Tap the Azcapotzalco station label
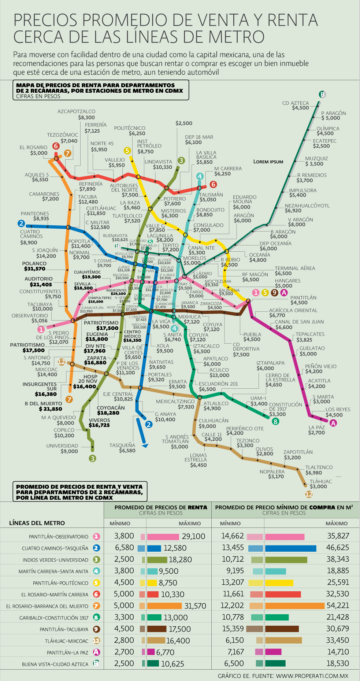[77, 114]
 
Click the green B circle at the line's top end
[322, 95]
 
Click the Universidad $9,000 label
[62, 448]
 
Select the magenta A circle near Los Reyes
[333, 423]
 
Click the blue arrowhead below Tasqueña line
[145, 445]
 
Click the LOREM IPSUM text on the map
[268, 162]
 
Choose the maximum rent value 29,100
[193, 536]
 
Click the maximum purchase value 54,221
[338, 606]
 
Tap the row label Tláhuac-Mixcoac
[67, 641]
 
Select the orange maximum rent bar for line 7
[164, 606]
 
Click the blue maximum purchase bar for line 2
[290, 548]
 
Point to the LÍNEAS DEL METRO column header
[37, 523]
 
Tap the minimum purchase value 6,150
[234, 640]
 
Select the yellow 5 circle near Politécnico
[127, 151]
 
